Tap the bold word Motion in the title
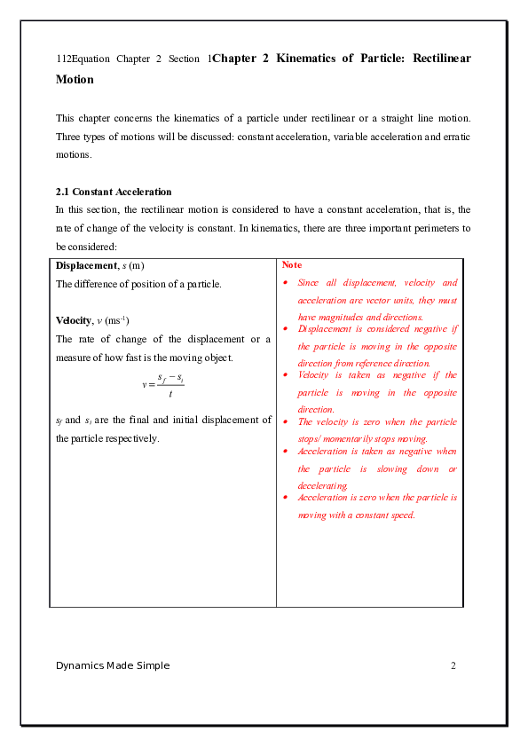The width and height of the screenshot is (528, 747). point(75,80)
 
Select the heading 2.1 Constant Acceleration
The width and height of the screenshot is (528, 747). point(114,192)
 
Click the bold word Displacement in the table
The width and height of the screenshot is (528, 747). point(86,266)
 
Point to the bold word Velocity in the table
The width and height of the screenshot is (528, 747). point(74,320)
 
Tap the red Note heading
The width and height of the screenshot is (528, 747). point(292,265)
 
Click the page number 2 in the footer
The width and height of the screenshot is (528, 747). point(453,665)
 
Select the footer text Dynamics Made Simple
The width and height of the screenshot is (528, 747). point(113,665)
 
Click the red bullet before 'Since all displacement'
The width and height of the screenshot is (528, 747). point(285,282)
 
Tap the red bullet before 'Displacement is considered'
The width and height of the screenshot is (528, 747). point(285,328)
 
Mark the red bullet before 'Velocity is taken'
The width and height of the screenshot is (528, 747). point(285,375)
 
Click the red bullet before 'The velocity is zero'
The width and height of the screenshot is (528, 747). point(285,421)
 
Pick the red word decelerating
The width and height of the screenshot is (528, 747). point(323,486)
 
